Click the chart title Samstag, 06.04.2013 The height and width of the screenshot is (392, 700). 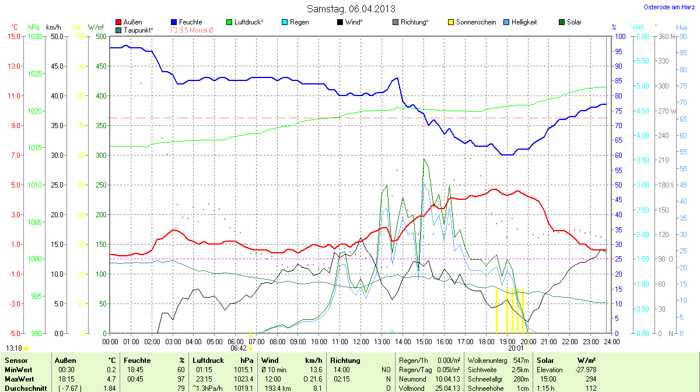[351, 9]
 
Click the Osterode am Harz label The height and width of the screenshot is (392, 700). [668, 7]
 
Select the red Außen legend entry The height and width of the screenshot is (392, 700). [129, 22]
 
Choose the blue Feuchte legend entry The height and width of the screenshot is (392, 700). [186, 22]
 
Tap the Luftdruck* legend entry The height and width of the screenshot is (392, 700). [244, 22]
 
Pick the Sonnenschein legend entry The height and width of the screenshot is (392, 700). [472, 22]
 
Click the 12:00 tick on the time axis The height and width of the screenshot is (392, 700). [360, 341]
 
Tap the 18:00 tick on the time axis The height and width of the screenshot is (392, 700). [486, 341]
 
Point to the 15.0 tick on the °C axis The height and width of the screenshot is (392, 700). [13, 36]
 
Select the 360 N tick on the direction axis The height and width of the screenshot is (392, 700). [666, 36]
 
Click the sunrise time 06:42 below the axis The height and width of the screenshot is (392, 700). [239, 348]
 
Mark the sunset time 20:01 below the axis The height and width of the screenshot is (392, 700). [516, 348]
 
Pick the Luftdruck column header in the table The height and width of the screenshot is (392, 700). [208, 361]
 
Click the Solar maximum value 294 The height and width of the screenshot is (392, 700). [591, 379]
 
